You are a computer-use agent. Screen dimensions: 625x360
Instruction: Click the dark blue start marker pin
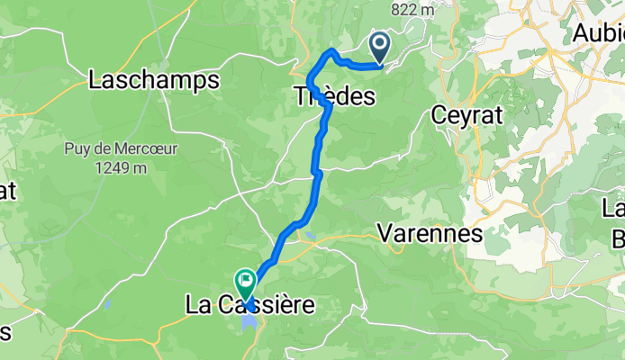coord(379,45)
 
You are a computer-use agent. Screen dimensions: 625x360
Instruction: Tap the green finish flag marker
coord(245,283)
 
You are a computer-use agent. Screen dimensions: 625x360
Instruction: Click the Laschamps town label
coord(155,80)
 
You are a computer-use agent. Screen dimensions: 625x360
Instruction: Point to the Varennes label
coord(430,233)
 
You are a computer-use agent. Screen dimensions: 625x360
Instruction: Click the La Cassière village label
coord(250,306)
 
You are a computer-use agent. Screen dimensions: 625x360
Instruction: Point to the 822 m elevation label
coord(412,10)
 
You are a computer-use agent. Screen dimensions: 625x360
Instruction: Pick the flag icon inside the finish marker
coord(245,280)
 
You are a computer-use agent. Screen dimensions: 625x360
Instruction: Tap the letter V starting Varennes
coord(384,233)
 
